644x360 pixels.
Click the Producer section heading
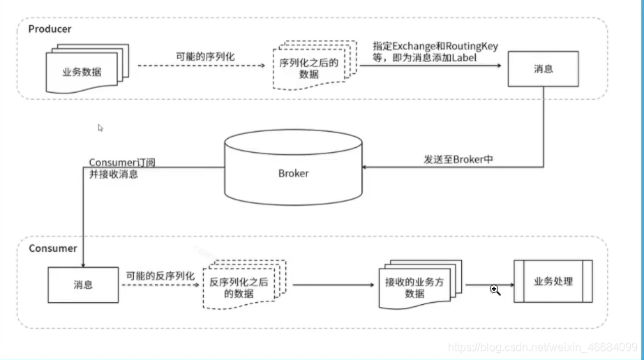(50, 29)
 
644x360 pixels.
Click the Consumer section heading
(53, 248)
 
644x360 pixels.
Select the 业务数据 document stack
(86, 69)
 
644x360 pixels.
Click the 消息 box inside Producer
(544, 70)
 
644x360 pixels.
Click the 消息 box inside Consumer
(83, 285)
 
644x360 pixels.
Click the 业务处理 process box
(553, 281)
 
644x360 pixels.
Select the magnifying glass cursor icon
(495, 290)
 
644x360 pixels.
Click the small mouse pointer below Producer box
(100, 128)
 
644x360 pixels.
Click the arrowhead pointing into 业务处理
(510, 285)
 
